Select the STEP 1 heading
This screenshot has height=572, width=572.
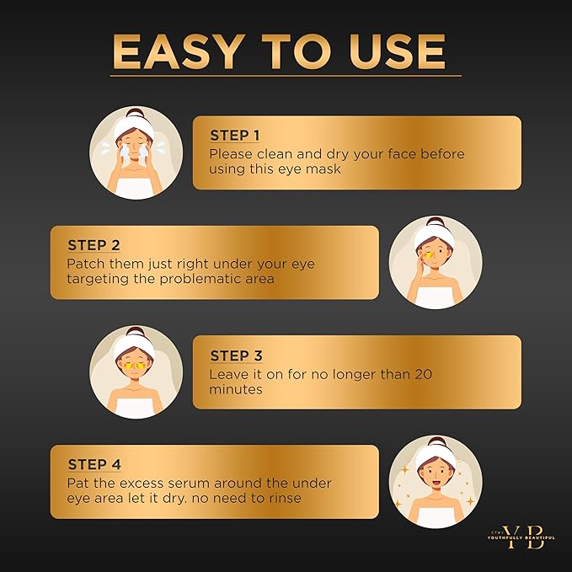click(x=235, y=136)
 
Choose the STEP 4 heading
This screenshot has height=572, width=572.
click(x=94, y=465)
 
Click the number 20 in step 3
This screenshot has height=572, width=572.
click(x=417, y=374)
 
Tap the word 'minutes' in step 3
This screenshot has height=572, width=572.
click(x=235, y=390)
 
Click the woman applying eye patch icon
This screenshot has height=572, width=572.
click(x=435, y=262)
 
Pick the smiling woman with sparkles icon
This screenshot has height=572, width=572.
click(x=435, y=482)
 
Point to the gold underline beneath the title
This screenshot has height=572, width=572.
click(x=286, y=77)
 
